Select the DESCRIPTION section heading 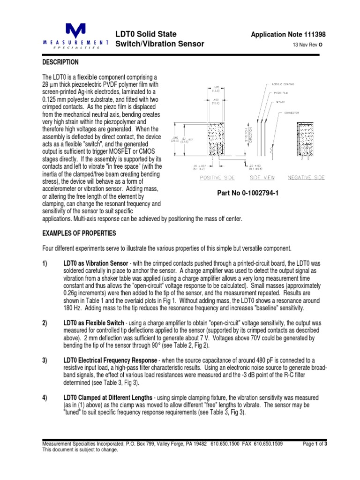(x=60, y=62)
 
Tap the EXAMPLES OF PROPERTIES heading (x=80, y=233)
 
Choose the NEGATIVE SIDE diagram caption (x=306, y=178)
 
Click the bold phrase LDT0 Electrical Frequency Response (x=112, y=360)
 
